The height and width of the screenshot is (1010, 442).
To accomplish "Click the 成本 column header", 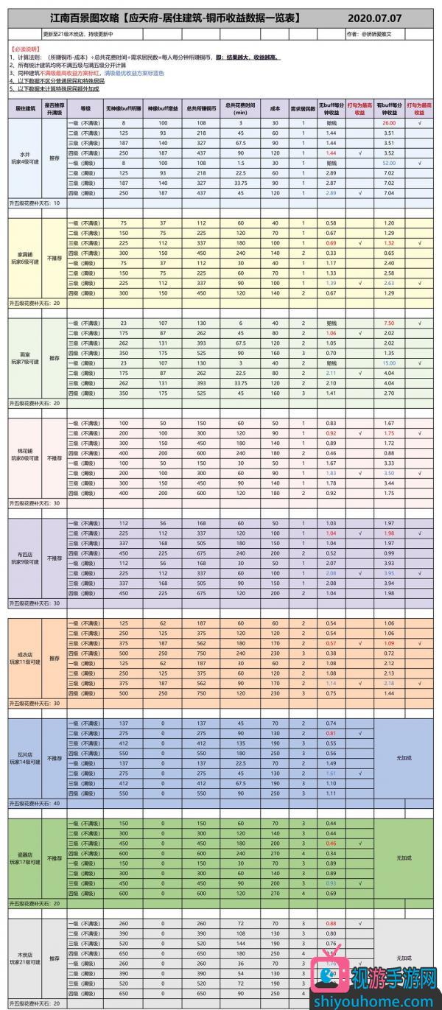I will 276,108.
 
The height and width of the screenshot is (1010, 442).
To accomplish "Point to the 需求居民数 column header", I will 303,108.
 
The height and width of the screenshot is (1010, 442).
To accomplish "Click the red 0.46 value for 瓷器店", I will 331,842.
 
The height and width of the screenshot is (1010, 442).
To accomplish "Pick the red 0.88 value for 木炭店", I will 331,923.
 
